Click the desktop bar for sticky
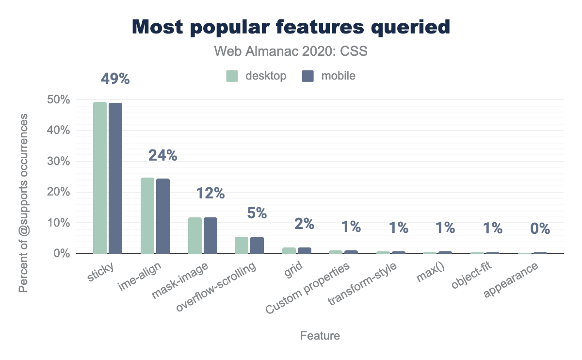pos(100,178)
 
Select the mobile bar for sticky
pos(115,178)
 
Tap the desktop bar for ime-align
pos(147,215)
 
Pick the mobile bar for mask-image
pos(210,235)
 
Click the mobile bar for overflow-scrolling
pos(257,245)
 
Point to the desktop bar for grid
pos(289,250)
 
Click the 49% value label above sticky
pos(115,79)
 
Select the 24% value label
pos(162,155)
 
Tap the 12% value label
pos(210,193)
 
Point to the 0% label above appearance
pos(540,229)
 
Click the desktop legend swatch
pos(232,76)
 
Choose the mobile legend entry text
pos(338,76)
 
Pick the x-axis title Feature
pos(320,336)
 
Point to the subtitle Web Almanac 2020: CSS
pos(291,51)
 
